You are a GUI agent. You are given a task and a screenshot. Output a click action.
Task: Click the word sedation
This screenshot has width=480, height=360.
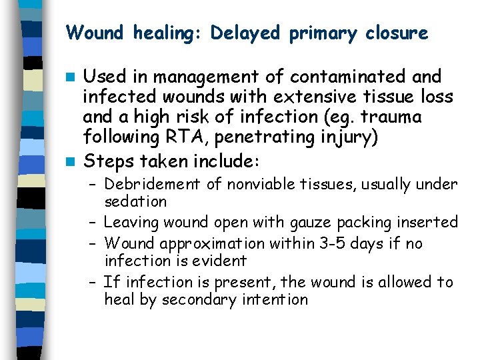pos(135,201)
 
